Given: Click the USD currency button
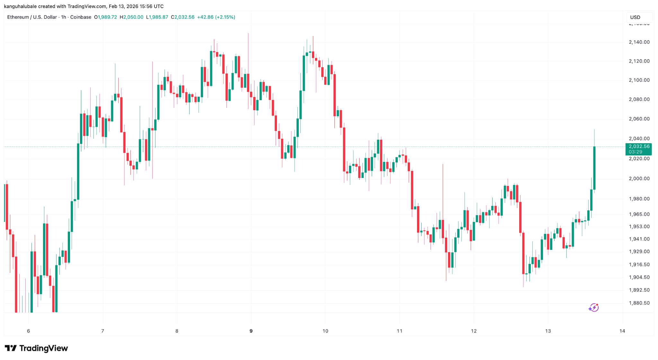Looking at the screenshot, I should [635, 17].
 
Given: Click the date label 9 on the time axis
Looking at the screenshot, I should [251, 331].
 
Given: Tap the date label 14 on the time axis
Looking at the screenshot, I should [622, 331].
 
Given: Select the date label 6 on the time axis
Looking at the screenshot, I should [29, 331].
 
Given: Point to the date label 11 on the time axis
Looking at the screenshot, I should [399, 331].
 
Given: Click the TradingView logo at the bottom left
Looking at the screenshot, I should [36, 348].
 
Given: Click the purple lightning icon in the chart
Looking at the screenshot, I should [593, 308].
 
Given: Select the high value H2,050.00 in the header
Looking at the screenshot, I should [131, 17].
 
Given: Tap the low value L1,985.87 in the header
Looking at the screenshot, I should [157, 17].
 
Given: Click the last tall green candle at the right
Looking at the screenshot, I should [594, 168].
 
